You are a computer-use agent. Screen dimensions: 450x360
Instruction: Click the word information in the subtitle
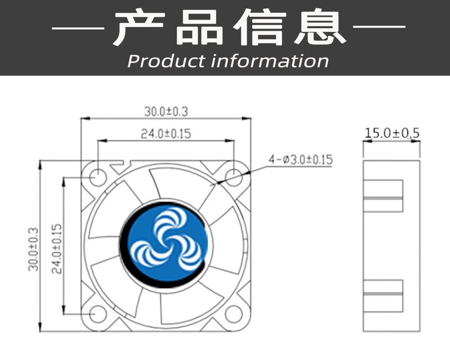[x=269, y=61]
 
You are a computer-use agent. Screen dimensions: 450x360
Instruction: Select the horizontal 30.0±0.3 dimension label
[x=165, y=111]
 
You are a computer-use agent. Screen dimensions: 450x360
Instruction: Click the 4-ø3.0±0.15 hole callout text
[x=301, y=160]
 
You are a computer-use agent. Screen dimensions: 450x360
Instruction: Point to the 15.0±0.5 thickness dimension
[x=392, y=133]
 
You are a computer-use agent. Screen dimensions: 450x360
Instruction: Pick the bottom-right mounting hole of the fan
[x=233, y=313]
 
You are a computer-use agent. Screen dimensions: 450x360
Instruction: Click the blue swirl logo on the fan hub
[x=165, y=244]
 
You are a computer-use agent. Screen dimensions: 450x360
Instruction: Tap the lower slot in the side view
[x=383, y=295]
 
